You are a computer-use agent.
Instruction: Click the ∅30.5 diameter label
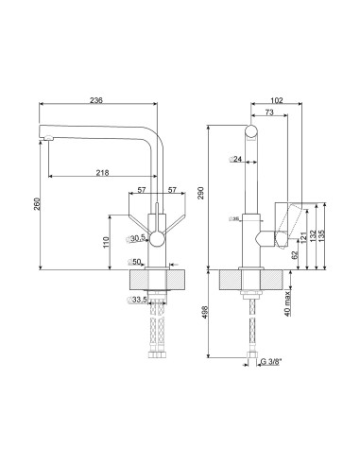tap(138, 237)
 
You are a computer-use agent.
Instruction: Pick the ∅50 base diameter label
tap(136, 261)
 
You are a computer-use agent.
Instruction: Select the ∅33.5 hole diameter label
tap(138, 301)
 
